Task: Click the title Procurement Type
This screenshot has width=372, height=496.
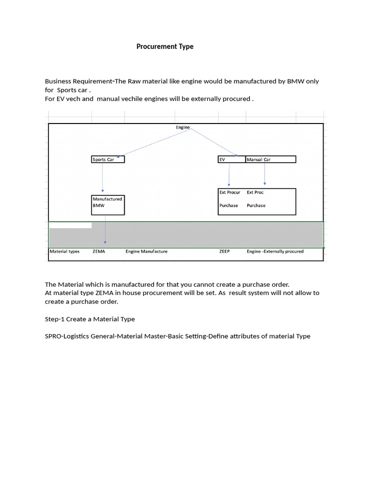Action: (x=165, y=46)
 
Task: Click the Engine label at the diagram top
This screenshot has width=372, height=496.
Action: (x=183, y=127)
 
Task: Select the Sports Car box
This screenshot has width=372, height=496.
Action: (x=108, y=159)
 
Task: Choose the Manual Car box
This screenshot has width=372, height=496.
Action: (x=271, y=159)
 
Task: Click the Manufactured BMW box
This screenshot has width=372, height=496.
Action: (x=108, y=205)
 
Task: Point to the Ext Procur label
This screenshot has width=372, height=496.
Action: (x=230, y=192)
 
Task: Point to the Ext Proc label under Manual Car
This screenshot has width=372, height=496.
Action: (x=255, y=192)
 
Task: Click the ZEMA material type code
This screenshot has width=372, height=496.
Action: (x=99, y=251)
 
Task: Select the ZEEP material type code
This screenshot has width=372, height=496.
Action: (x=224, y=251)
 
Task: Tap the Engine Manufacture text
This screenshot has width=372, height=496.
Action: (x=146, y=251)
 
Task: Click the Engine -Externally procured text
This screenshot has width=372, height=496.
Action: (x=275, y=251)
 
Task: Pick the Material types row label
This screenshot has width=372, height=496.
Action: (x=64, y=251)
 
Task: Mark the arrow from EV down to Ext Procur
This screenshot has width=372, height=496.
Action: (x=229, y=174)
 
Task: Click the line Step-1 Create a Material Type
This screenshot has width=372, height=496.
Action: (x=90, y=319)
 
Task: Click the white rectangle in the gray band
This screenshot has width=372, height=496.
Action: (x=70, y=225)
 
